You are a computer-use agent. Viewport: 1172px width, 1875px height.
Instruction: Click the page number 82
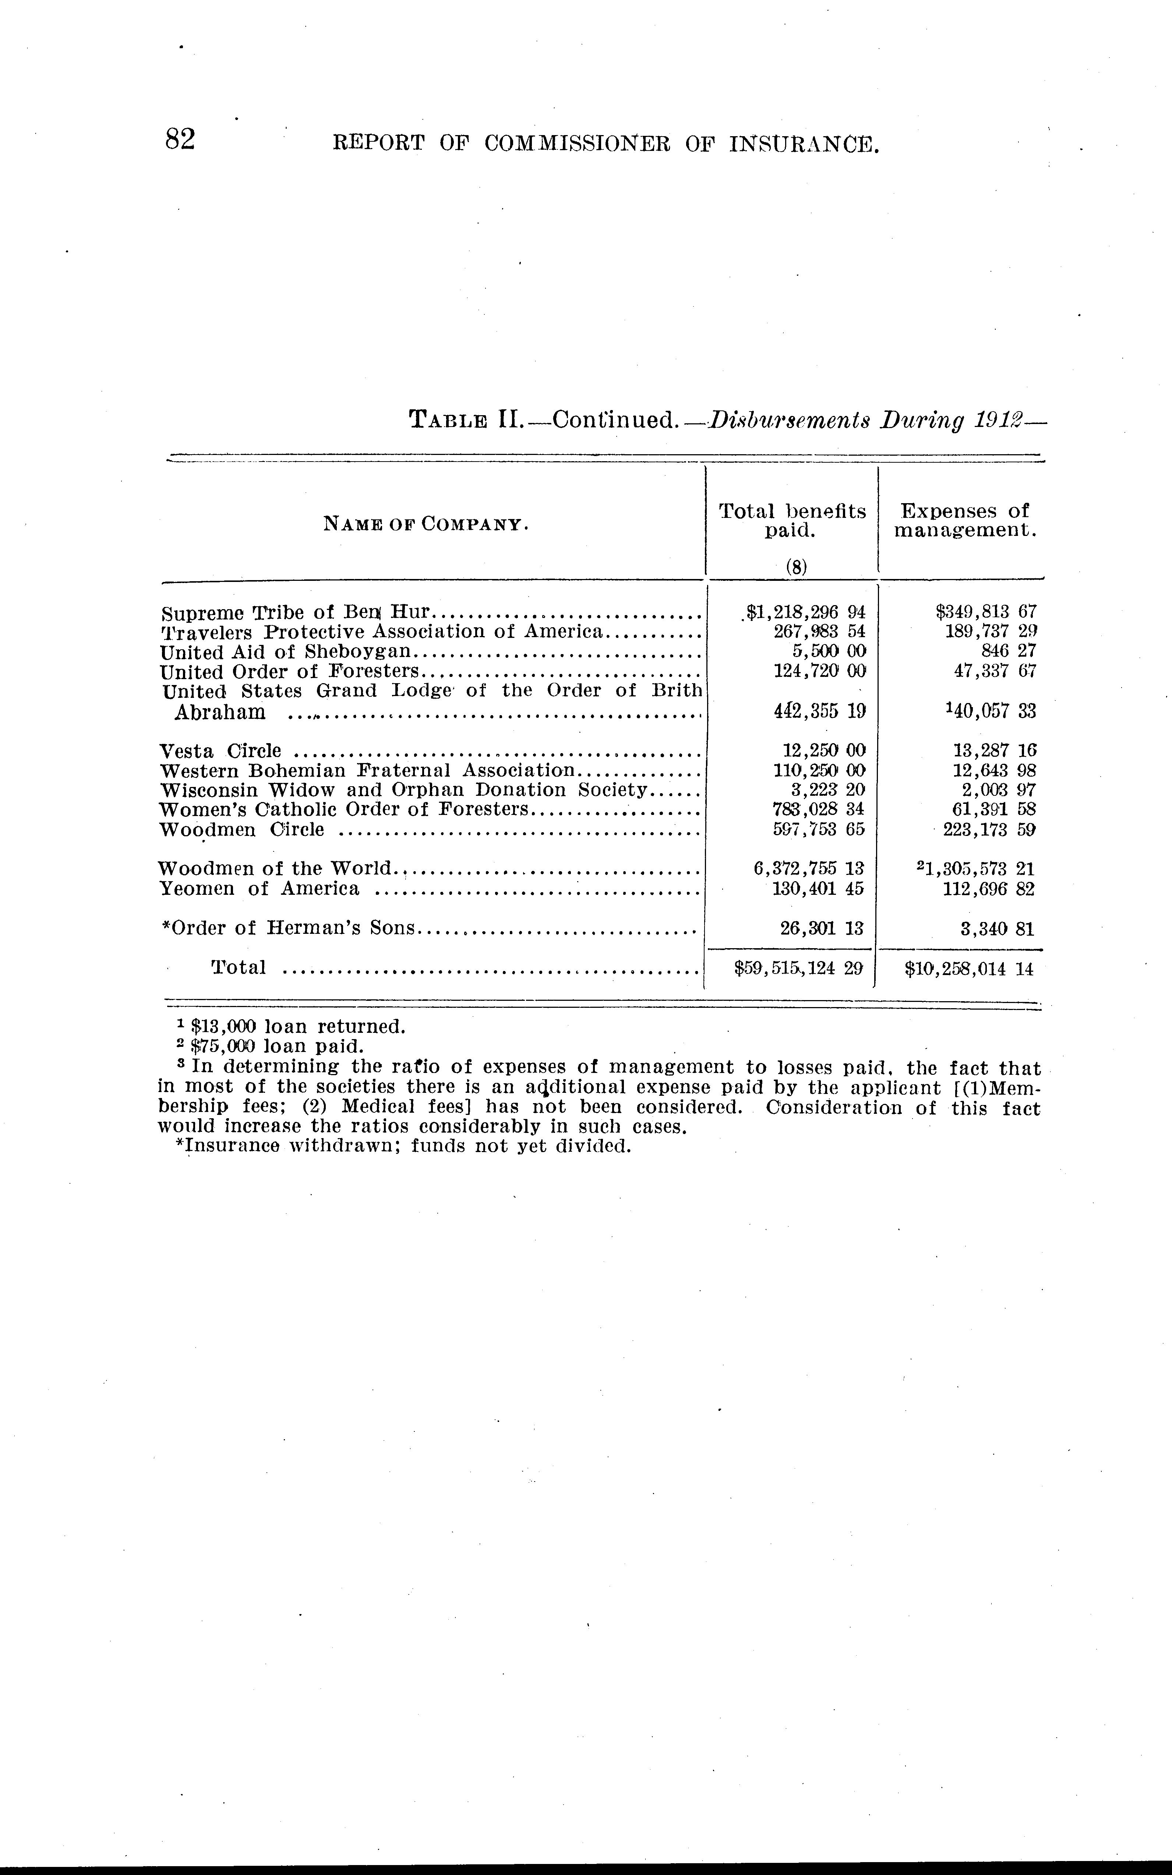pos(180,140)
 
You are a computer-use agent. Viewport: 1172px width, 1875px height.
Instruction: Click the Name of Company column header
pos(426,525)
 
